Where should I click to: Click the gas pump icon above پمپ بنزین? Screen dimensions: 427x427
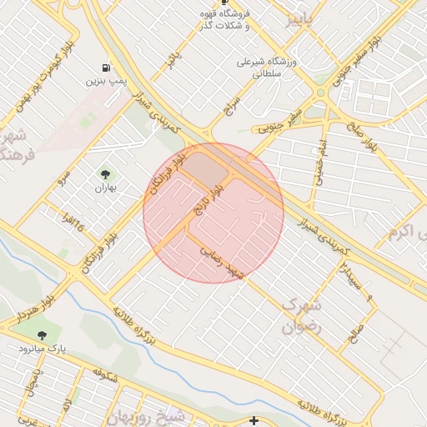[105, 67]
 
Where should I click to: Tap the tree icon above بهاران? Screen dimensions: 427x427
[106, 174]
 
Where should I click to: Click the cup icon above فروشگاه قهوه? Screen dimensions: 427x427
[224, 3]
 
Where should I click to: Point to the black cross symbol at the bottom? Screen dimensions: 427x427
[254, 420]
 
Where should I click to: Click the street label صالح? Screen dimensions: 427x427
[358, 335]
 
